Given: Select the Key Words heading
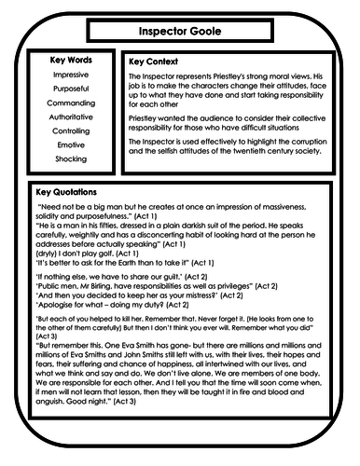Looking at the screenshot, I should point(71,61).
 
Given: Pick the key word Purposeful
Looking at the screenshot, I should point(71,91).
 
